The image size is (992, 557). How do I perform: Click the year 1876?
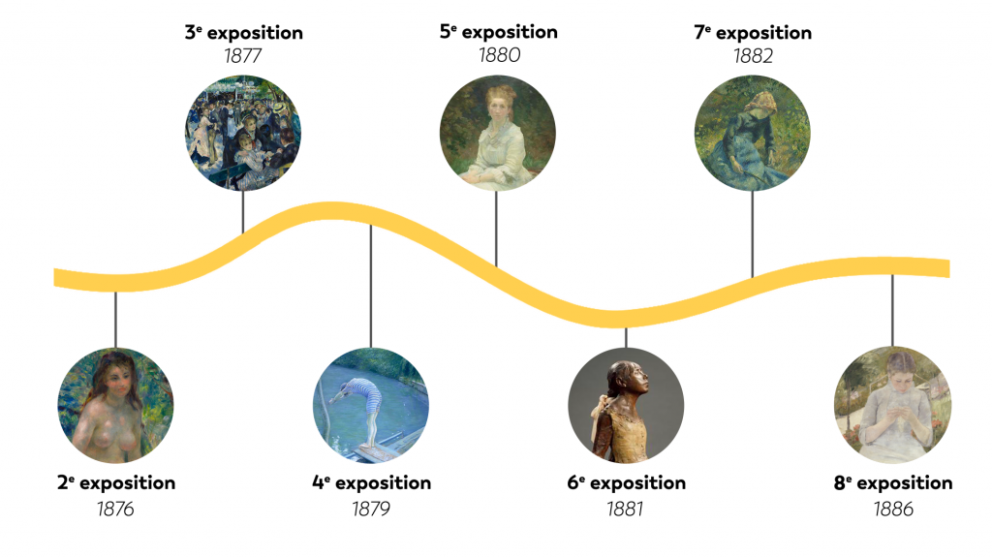[115, 509]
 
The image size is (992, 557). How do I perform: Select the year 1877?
[242, 56]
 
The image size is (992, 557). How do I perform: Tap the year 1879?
[371, 509]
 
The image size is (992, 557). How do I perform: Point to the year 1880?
[499, 55]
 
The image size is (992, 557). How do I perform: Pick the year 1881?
[625, 509]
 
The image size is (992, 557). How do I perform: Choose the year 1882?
[753, 56]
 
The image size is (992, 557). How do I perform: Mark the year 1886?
[893, 509]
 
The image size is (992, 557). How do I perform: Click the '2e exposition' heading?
[116, 483]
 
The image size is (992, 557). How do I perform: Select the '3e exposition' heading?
[243, 33]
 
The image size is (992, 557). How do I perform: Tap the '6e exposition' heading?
[627, 483]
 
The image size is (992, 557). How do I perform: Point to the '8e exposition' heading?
[892, 483]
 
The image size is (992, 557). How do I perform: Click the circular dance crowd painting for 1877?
[243, 133]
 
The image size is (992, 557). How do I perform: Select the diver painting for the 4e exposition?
[371, 405]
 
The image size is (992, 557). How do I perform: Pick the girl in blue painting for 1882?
[752, 133]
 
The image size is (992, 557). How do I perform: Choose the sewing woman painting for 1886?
[892, 405]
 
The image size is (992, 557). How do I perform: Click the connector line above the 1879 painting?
[371, 286]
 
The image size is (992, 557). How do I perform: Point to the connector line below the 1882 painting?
[752, 234]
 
